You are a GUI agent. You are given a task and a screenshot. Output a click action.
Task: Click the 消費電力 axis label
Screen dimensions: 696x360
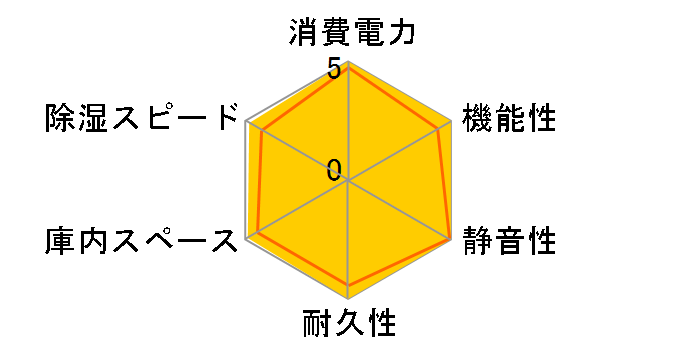[x=348, y=34]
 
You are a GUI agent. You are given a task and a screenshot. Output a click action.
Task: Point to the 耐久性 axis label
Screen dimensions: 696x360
[x=348, y=324]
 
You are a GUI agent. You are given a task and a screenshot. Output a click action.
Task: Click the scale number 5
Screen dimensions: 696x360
[x=334, y=70]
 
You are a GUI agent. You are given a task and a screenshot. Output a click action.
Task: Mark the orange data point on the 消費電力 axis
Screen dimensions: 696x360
[x=348, y=68]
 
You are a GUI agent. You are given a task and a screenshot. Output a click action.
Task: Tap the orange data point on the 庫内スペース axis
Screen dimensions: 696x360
[x=258, y=232]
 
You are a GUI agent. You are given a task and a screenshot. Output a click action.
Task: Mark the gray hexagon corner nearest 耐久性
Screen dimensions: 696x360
[x=348, y=298]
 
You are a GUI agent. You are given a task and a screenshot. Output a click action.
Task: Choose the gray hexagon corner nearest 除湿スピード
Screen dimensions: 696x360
[x=246, y=122]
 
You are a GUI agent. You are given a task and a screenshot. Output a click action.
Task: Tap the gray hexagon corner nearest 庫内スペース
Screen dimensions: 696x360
[x=246, y=239]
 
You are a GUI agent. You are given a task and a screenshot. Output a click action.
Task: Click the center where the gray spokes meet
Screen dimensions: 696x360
[x=348, y=181]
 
